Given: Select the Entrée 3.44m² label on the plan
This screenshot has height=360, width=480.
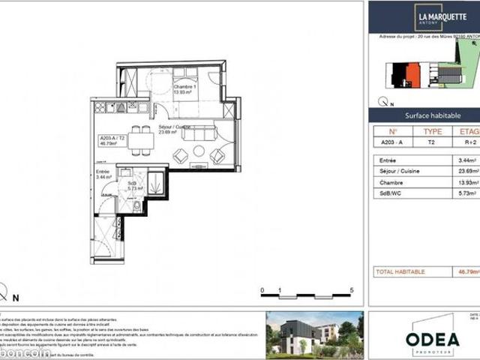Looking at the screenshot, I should coord(103,175).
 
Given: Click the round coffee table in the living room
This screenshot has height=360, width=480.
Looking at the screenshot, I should coord(199,151).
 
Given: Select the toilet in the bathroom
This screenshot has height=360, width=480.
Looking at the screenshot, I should coord(136,205).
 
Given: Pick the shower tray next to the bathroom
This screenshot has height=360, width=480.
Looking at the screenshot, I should coord(157,182).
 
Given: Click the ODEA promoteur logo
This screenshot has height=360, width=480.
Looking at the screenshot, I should coord(432,339).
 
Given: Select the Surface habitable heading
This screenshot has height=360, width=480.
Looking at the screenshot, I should coord(432,115).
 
